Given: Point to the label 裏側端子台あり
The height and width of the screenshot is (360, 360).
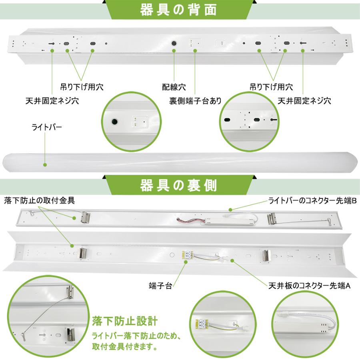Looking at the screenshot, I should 195,100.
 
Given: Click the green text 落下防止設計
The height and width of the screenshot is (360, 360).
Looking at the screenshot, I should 125,321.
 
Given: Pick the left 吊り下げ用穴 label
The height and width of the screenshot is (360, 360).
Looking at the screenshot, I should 79,86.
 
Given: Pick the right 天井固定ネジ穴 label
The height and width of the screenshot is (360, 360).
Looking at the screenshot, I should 304,100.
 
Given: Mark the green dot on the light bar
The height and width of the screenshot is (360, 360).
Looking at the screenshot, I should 45,164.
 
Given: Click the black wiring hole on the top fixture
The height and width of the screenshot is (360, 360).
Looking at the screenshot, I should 174,43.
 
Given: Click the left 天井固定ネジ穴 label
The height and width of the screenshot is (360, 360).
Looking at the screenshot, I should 52,100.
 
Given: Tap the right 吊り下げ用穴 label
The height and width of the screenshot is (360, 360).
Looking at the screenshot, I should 271,86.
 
